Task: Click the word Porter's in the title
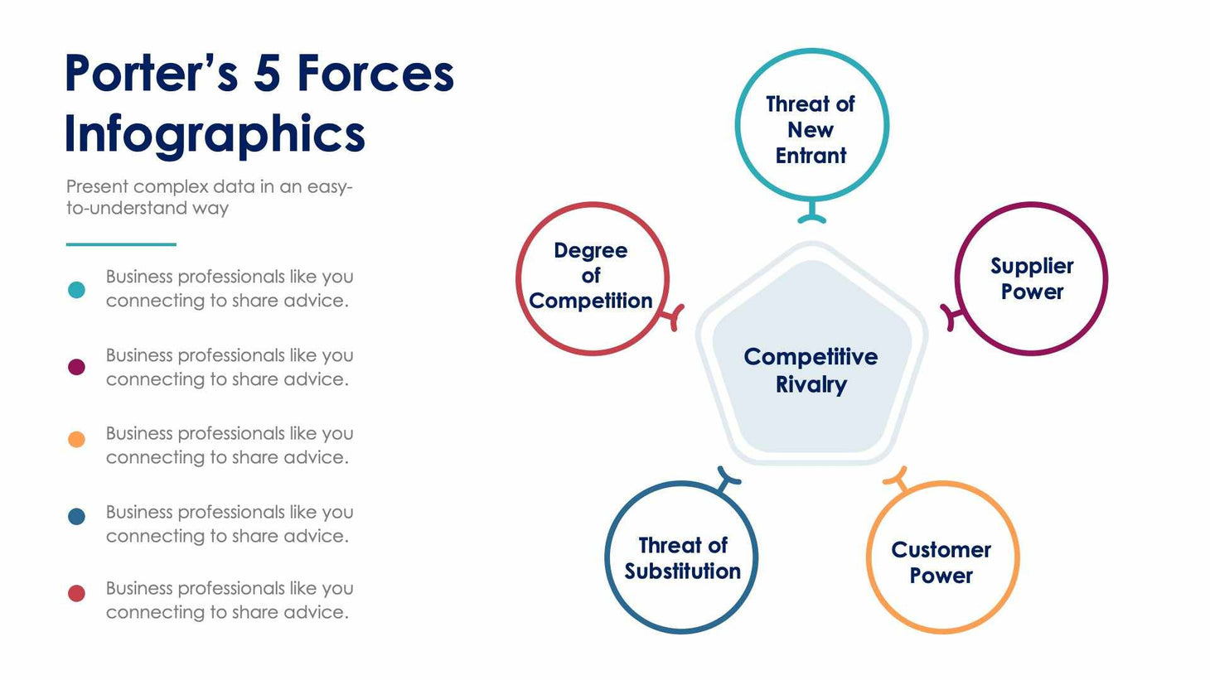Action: point(151,73)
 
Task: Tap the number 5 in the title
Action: point(267,73)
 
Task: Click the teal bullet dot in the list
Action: point(76,289)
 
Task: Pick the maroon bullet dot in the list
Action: point(76,367)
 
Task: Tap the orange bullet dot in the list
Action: point(76,440)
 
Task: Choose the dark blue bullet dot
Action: point(76,517)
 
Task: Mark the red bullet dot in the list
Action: point(76,593)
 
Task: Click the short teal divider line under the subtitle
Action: point(121,244)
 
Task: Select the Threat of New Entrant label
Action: point(811,129)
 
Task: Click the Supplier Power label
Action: point(1032,278)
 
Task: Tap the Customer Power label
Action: point(941,562)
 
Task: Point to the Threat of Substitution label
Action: point(682,558)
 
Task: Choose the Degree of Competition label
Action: point(591,275)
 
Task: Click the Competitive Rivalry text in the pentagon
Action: point(811,370)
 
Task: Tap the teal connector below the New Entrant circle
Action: point(811,214)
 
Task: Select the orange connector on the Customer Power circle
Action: point(897,480)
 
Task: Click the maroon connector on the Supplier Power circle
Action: point(951,316)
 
